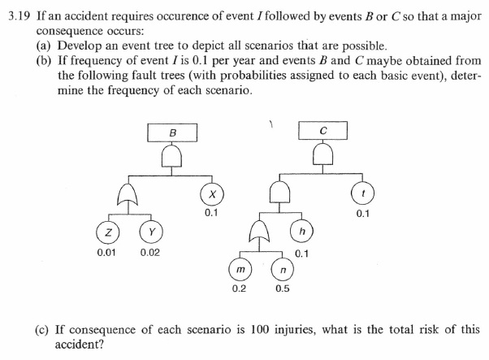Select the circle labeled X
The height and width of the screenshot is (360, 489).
[x=211, y=195]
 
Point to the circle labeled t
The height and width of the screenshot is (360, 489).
[x=361, y=195]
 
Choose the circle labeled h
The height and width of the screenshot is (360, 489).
[x=301, y=232]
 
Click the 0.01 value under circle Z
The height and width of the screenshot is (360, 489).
[x=106, y=253]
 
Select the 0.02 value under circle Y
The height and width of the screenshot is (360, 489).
[x=149, y=253]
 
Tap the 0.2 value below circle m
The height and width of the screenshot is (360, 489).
[x=239, y=288]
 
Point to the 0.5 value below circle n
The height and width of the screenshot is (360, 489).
[x=282, y=288]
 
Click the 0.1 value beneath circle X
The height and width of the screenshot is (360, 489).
[x=211, y=213]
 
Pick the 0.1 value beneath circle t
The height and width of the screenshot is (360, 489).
[x=362, y=214]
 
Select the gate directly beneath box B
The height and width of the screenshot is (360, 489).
[x=172, y=155]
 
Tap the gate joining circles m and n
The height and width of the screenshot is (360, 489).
[x=260, y=231]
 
